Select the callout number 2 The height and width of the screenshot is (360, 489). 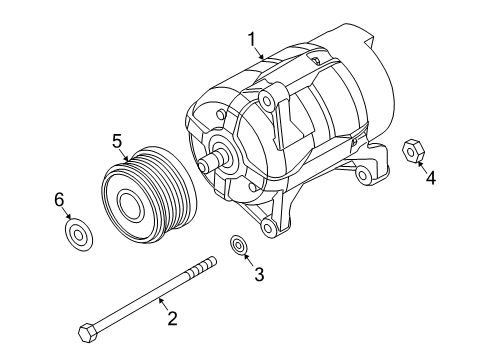(x=171, y=319)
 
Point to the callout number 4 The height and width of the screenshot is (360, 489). (x=430, y=180)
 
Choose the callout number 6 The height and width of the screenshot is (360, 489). (x=59, y=201)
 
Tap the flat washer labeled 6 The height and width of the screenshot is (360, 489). (x=76, y=236)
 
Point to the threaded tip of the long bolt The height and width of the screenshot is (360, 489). (x=207, y=264)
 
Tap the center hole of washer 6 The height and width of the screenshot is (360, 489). (x=76, y=236)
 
